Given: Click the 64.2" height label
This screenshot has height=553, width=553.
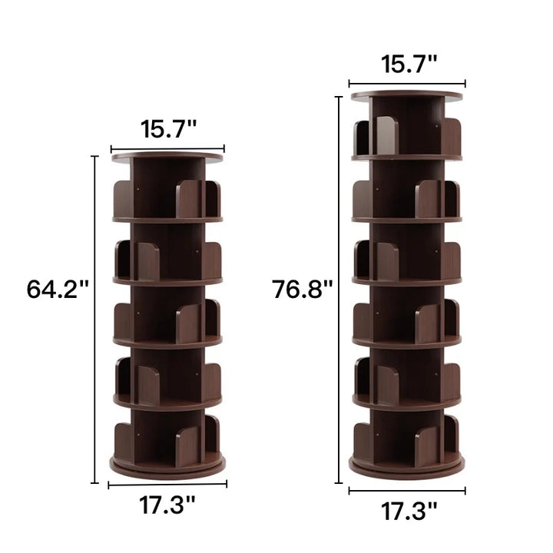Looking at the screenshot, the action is [x=57, y=290].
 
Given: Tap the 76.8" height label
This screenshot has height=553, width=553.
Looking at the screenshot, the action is [x=303, y=290].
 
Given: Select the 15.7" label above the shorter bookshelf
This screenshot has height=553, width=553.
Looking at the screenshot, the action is [x=168, y=129].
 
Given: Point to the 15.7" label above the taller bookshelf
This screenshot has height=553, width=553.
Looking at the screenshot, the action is [x=409, y=65].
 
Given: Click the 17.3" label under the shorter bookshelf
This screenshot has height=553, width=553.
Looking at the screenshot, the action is [x=167, y=505].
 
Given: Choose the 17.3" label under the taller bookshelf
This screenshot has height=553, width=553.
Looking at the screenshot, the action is [x=409, y=512].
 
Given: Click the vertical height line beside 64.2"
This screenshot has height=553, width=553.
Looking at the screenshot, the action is [x=94, y=320].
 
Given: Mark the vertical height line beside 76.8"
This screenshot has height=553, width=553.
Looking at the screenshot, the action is [x=339, y=290].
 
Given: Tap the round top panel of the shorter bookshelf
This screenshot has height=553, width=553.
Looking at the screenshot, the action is [x=167, y=157].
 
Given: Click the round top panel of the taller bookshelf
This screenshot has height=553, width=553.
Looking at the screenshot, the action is [x=406, y=95].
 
